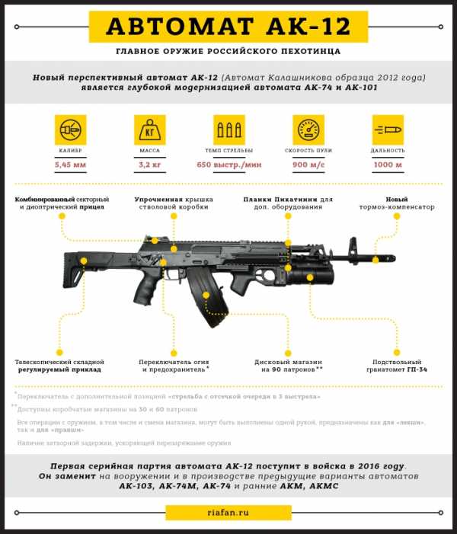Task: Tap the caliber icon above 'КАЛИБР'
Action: [x=70, y=130]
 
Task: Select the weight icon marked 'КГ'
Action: [x=149, y=130]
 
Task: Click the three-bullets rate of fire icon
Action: [x=229, y=130]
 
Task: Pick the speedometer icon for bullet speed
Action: [x=308, y=130]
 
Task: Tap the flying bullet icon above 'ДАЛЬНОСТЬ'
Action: [x=388, y=130]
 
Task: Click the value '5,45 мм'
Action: [x=70, y=165]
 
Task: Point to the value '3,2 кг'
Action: [x=149, y=165]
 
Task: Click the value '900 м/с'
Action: [x=308, y=165]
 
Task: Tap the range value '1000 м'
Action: [x=388, y=165]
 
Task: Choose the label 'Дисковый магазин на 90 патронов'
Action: [x=288, y=366]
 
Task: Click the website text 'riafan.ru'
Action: [x=228, y=513]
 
